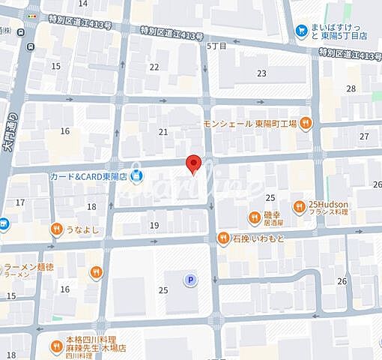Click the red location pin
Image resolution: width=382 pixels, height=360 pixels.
pos(193,163)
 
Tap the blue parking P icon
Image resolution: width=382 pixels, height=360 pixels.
pos(191,280)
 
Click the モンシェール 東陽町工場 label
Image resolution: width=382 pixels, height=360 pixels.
pos(250,124)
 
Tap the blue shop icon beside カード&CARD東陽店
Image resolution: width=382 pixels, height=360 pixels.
pos(136,177)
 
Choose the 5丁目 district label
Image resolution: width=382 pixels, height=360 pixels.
pos(216,46)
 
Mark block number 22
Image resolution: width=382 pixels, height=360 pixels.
pos(154,67)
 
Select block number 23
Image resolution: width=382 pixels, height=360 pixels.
pos(261,73)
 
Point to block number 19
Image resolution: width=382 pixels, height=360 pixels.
pos(154,225)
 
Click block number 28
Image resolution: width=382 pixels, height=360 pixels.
pos(351,88)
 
